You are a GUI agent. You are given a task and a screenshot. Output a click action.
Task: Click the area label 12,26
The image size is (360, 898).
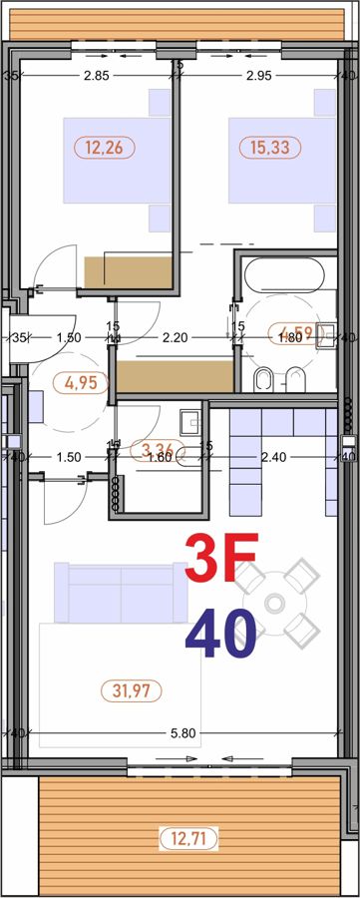point(104,148)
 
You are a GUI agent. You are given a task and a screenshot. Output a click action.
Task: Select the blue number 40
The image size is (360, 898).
point(220,634)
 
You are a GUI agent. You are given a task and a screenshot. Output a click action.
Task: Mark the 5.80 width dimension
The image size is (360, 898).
point(181,733)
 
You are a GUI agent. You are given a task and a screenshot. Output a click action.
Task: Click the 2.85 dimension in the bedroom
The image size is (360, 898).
point(97,75)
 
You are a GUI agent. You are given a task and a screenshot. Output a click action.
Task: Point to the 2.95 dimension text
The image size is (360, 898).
point(258,75)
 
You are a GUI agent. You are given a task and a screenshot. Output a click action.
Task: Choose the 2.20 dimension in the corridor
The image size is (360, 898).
point(176,338)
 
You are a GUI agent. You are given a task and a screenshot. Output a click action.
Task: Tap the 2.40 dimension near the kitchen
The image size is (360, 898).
point(273,457)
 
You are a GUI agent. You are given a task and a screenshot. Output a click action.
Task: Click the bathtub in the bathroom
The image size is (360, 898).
point(284,274)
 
